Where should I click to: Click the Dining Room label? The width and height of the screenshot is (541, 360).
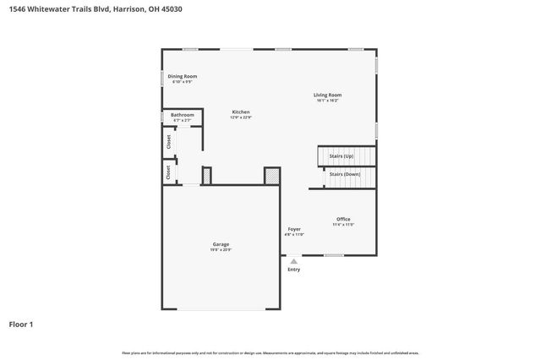183,76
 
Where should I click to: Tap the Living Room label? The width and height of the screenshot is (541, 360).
328,95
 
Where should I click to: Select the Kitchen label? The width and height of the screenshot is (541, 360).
241,112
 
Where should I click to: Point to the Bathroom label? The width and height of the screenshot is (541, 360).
183,114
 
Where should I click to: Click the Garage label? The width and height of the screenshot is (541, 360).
221,244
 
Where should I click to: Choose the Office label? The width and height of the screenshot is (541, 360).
343,219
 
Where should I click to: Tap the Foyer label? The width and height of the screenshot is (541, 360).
294,228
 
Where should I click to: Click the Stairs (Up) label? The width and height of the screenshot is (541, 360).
341,157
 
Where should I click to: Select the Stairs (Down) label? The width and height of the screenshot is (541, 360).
345,173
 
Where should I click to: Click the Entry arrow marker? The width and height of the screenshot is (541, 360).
293,261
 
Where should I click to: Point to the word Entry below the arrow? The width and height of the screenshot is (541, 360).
293,270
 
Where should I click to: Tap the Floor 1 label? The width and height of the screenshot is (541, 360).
21,324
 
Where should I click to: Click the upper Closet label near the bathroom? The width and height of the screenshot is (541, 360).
168,142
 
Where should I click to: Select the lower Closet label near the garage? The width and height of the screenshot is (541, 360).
168,172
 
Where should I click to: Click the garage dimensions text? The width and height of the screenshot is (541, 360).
221,250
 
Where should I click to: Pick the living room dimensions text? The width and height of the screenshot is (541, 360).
328,101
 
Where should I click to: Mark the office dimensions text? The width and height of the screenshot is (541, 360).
343,225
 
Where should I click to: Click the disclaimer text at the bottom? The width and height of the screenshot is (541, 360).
270,352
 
